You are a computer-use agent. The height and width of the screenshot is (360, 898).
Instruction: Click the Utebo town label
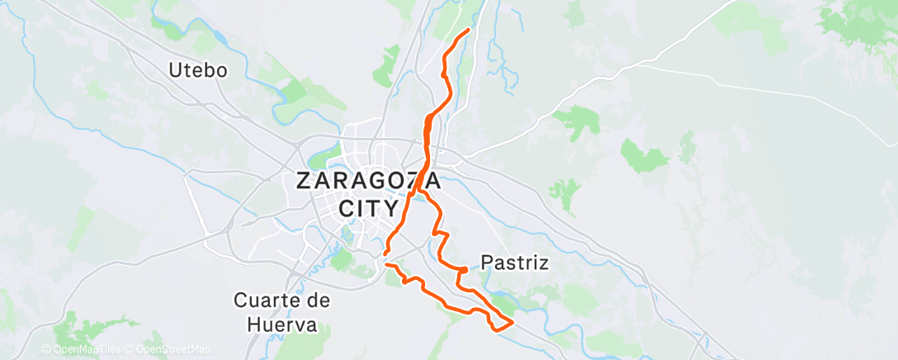[197, 70]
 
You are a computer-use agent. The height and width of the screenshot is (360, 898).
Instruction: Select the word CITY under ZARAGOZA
[368, 206]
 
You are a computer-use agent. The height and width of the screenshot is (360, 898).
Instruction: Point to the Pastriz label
[515, 263]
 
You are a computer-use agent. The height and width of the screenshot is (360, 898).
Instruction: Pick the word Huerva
[281, 324]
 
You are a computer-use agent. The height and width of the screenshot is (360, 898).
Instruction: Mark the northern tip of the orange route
[469, 30]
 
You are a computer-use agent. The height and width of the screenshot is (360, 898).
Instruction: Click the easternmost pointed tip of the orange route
[513, 321]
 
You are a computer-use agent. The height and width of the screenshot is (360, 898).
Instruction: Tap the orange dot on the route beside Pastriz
[464, 269]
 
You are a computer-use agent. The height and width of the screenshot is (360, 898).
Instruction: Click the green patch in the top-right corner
[858, 25]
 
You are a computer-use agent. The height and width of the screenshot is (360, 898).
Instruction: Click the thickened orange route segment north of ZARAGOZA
[427, 132]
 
